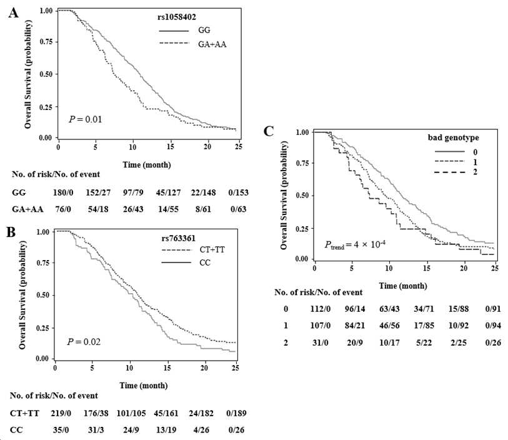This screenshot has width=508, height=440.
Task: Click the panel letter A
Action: click(14, 13)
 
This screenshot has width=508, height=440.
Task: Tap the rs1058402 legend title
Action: click(177, 17)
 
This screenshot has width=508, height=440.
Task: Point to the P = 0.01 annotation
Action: click(86, 119)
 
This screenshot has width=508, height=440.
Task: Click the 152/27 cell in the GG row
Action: click(98, 192)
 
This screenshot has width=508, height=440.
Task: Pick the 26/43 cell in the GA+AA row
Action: click(133, 209)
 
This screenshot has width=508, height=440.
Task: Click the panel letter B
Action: click(11, 232)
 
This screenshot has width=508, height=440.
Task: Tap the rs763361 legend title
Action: click(179, 239)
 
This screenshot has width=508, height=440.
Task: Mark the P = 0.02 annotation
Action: click(84, 342)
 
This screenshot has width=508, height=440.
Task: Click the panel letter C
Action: click(269, 131)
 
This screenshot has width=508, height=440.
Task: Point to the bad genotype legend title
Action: click(453, 137)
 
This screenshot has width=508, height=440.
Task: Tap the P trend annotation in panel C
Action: click(355, 244)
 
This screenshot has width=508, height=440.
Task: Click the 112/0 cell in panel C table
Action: click(320, 309)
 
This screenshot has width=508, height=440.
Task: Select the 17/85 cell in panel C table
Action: click(424, 325)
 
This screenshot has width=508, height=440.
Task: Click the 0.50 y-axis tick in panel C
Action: click(303, 196)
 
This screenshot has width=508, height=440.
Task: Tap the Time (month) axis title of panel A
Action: click(147, 165)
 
